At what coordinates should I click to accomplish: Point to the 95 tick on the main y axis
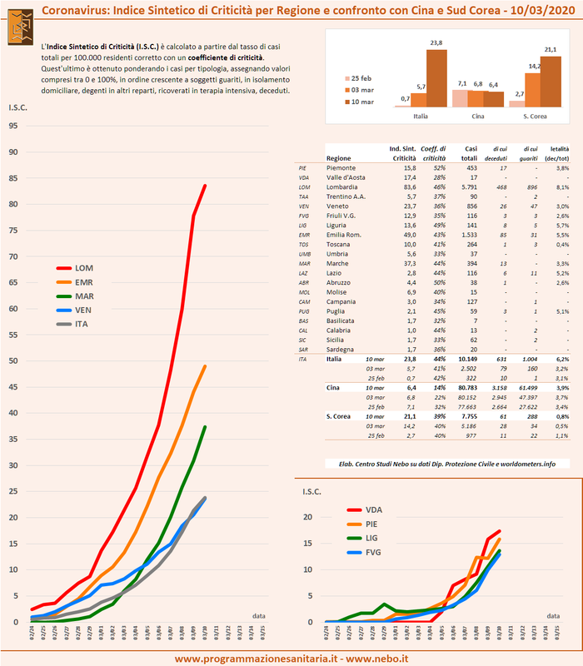pyautogui.click(x=12, y=126)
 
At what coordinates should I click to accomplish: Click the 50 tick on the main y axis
pyautogui.click(x=12, y=360)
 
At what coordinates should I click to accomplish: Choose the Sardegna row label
pyautogui.click(x=344, y=350)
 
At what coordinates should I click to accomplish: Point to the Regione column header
pyautogui.click(x=339, y=157)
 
